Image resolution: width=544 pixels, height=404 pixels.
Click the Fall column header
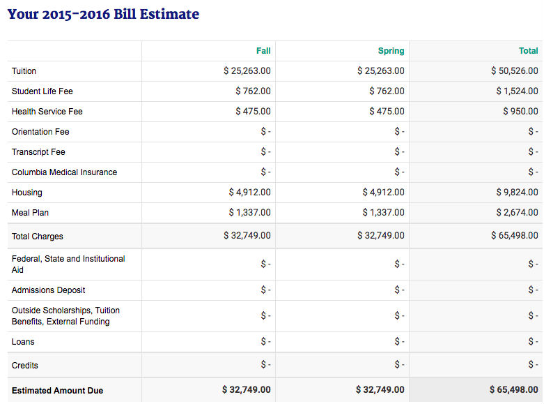263,51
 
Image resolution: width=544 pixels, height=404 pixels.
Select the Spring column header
391,51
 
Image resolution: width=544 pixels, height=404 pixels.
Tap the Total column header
529,51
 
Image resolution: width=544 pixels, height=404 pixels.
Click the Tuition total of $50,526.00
515,71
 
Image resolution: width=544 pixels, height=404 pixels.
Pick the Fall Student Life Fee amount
253,91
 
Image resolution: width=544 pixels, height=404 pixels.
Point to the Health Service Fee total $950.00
520,111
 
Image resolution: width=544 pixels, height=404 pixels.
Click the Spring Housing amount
383,193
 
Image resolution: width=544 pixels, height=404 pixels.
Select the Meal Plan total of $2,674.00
517,212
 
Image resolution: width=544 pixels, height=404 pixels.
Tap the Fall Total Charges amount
247,236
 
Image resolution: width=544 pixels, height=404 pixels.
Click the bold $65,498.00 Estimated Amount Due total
514,390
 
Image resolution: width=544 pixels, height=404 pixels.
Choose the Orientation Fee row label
40,132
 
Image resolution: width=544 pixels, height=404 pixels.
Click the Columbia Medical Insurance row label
64,172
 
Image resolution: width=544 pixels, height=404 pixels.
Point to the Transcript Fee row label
38,152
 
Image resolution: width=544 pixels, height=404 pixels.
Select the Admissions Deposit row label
48,290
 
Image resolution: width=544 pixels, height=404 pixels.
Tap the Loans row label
23,342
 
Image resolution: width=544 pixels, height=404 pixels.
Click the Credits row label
24,366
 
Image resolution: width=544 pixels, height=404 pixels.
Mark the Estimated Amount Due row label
57,391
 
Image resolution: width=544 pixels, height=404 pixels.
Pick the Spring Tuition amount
381,71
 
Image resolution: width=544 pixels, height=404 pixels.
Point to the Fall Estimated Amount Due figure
247,390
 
